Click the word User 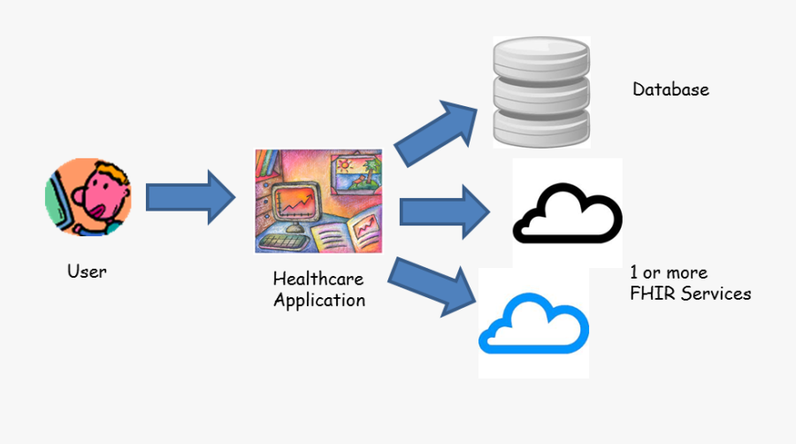(x=87, y=272)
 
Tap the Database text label (x=670, y=89)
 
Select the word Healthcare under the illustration (x=318, y=279)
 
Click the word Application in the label (x=318, y=300)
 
